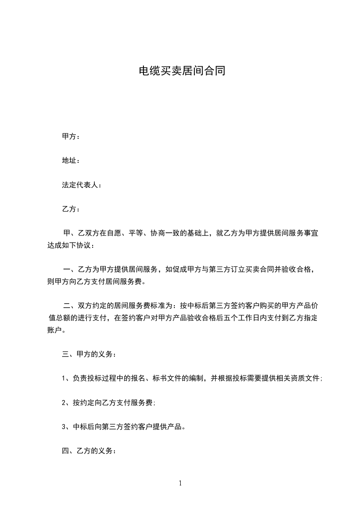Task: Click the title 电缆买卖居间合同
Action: click(x=182, y=71)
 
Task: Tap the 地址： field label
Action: click(x=71, y=161)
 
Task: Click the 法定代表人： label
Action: click(x=82, y=185)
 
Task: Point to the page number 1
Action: click(x=180, y=484)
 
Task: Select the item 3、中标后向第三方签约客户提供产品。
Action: click(x=123, y=426)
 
